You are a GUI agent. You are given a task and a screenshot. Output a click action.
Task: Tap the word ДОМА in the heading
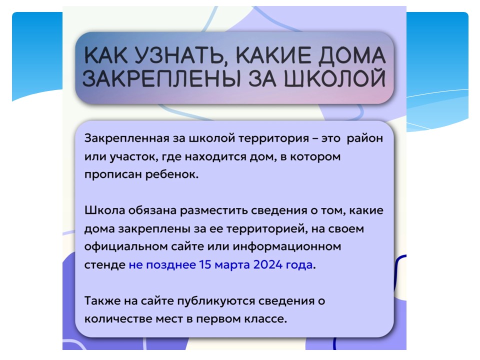click(x=351, y=56)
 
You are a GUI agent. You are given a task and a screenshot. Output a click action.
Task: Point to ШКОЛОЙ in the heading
click(x=335, y=78)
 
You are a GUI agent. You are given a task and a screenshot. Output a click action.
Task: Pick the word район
click(x=365, y=138)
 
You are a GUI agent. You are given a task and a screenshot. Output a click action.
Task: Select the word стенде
click(x=104, y=265)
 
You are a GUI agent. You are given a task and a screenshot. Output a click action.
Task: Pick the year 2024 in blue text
click(x=268, y=264)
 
